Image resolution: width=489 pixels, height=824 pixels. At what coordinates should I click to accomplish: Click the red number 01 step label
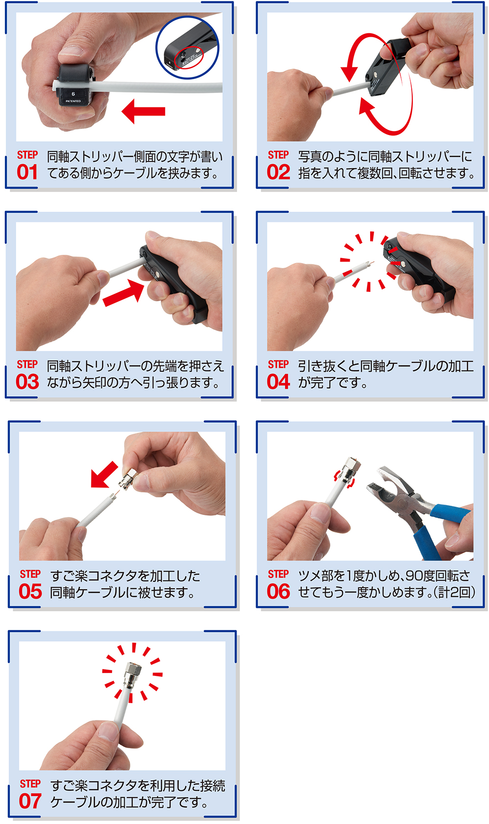[x=27, y=172]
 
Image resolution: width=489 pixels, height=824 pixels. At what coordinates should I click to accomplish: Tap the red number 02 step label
[x=279, y=172]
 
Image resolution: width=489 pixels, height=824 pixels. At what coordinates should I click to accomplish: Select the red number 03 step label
[x=27, y=382]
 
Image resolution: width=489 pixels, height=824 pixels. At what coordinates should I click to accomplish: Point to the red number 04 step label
[x=279, y=382]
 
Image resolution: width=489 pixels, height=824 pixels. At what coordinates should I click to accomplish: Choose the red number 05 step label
[x=30, y=592]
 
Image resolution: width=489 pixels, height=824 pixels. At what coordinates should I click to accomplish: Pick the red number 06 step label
[x=279, y=592]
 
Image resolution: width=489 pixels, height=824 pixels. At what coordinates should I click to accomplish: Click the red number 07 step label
[x=30, y=801]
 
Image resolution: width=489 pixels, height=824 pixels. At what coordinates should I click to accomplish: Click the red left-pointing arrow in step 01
[x=143, y=111]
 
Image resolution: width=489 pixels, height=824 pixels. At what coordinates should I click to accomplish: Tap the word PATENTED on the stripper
[x=73, y=101]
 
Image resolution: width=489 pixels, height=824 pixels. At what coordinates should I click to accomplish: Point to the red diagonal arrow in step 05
[x=104, y=475]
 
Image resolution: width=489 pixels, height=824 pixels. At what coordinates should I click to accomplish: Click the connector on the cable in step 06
[x=348, y=470]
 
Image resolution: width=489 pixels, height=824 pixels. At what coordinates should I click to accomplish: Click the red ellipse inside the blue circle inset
[x=188, y=58]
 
